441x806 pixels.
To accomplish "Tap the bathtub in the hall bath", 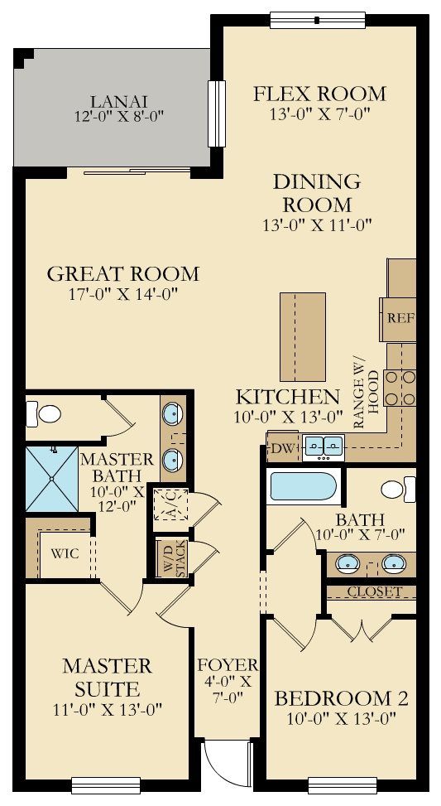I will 302,485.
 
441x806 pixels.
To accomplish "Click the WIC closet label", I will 65,553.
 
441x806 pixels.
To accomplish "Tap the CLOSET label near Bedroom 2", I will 374,591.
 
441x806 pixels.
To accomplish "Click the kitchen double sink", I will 324,446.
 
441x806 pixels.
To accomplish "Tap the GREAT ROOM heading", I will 122,273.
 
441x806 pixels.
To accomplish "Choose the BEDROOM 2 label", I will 341,697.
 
